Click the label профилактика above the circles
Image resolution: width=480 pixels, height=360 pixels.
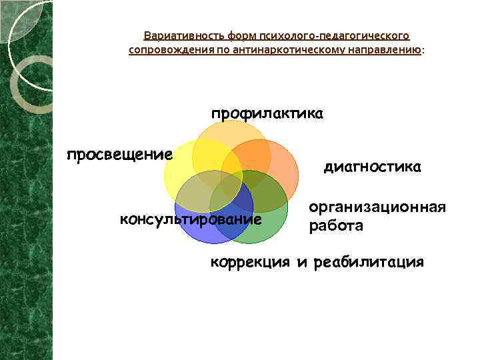(267, 114)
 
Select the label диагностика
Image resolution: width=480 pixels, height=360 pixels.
(372, 167)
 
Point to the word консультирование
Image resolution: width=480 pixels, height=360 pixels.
(190, 219)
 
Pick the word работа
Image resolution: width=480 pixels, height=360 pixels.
(336, 226)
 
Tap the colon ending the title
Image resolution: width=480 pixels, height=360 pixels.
(423, 51)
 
